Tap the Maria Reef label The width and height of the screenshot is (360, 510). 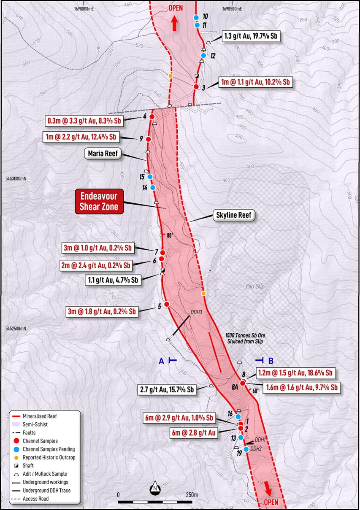(x=103, y=154)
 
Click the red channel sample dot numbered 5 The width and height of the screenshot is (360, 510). (x=167, y=304)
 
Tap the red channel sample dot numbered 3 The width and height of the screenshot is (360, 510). (x=196, y=86)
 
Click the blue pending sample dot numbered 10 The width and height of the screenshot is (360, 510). (x=196, y=17)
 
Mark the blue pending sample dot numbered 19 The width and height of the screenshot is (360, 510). (x=246, y=449)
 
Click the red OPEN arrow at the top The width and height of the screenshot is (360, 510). (x=174, y=24)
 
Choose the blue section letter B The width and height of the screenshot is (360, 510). (x=271, y=360)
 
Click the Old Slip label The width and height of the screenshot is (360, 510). (x=255, y=287)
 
